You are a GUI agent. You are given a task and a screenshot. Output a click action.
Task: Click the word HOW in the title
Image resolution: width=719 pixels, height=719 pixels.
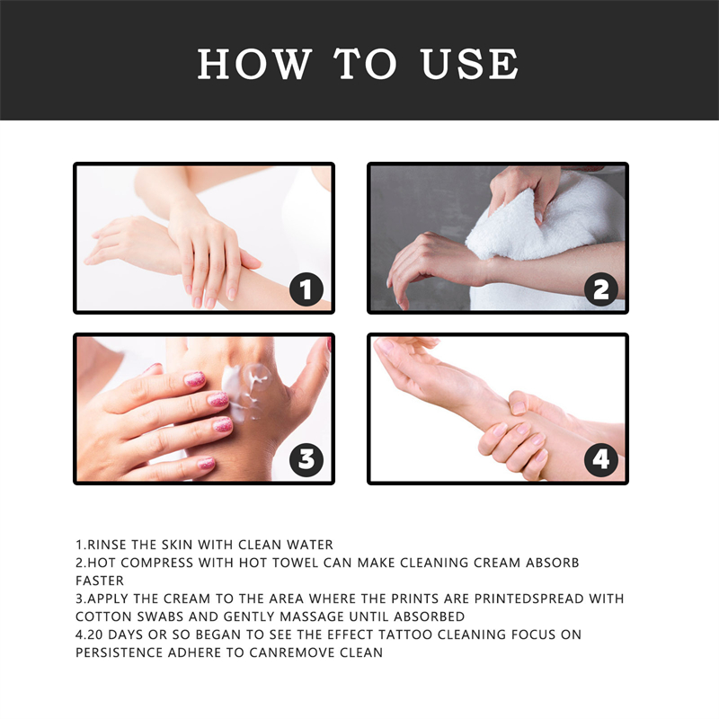click(x=254, y=64)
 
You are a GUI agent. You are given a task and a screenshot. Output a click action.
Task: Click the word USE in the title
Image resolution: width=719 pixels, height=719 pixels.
click(x=469, y=64)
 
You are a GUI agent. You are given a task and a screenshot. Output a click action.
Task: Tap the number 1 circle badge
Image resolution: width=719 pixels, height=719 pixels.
click(x=306, y=288)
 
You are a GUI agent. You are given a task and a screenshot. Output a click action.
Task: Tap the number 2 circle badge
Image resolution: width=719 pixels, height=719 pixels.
click(x=601, y=288)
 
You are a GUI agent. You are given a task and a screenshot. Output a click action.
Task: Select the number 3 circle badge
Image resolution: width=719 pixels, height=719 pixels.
click(x=306, y=459)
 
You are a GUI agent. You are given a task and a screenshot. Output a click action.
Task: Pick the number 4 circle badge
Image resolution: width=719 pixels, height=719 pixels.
click(x=601, y=459)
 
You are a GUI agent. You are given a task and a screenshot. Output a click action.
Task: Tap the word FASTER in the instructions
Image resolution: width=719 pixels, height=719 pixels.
click(x=99, y=581)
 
